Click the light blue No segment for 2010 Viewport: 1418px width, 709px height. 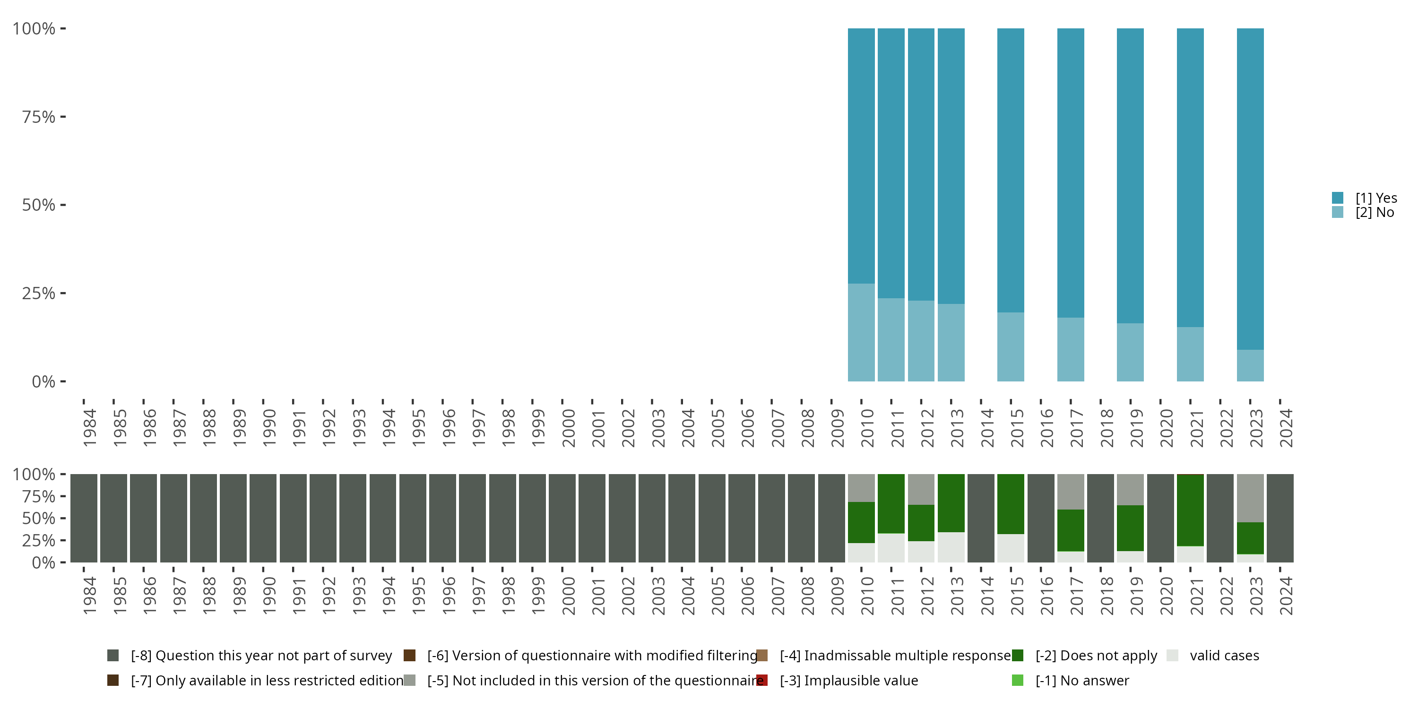(x=861, y=332)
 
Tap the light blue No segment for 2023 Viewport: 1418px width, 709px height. (x=1250, y=365)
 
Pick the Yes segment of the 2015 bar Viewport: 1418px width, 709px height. (x=1011, y=170)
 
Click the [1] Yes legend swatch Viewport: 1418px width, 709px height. (x=1338, y=198)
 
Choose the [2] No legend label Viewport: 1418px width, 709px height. (x=1375, y=213)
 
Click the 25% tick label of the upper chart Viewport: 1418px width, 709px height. (x=39, y=293)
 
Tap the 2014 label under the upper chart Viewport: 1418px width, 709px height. (x=987, y=428)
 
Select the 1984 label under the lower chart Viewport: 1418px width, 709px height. (x=90, y=596)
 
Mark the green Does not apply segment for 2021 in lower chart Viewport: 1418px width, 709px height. (x=1190, y=510)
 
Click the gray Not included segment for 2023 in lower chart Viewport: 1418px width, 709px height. (x=1250, y=498)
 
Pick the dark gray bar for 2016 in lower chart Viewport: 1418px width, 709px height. (x=1040, y=518)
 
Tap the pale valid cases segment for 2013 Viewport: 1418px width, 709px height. (x=951, y=547)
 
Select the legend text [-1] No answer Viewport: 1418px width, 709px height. (x=1081, y=680)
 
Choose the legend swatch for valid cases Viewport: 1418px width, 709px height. (x=1173, y=656)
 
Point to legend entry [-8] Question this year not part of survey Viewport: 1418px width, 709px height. (x=261, y=656)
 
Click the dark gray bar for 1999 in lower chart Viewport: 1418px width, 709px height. (x=532, y=518)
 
